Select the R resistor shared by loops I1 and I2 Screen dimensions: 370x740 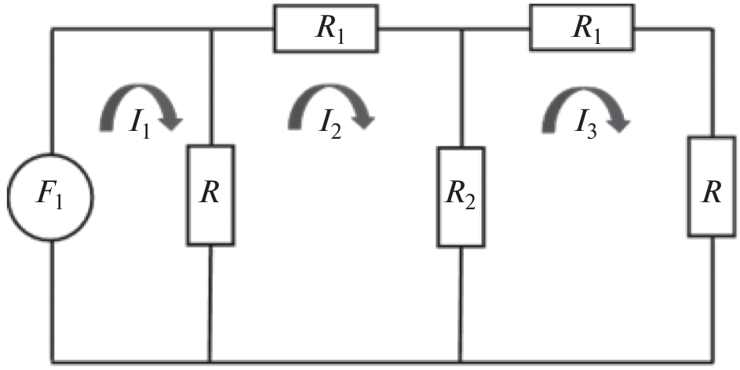[210, 194]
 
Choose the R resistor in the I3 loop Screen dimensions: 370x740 [713, 187]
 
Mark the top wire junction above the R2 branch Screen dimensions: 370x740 [461, 31]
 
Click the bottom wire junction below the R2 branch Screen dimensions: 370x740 [461, 361]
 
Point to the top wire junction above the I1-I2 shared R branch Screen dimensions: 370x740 [210, 31]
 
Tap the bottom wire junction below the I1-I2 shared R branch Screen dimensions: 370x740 [210, 361]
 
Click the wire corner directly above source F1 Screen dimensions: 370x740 [53, 31]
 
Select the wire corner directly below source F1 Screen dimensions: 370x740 [53, 361]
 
